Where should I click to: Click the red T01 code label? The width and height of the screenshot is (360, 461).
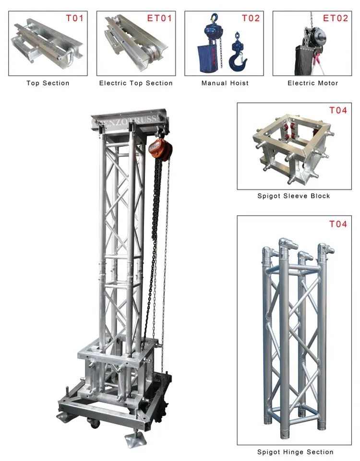75,18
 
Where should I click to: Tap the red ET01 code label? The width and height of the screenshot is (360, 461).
159,18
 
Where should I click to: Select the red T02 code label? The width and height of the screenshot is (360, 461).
251,18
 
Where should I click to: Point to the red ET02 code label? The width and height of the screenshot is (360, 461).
336,18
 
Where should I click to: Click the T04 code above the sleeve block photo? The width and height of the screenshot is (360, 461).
338,110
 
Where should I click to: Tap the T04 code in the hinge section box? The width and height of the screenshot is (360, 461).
338,224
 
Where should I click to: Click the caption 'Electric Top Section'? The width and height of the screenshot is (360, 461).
136,83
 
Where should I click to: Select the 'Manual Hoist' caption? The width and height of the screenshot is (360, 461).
225,83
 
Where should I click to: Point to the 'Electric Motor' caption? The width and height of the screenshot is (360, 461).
313,83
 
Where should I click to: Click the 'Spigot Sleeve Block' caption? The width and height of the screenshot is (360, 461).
294,196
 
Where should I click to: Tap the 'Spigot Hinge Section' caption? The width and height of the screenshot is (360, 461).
295,452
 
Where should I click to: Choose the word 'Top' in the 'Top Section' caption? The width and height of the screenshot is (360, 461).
33,83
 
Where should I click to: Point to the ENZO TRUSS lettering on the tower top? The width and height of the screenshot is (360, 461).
129,120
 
